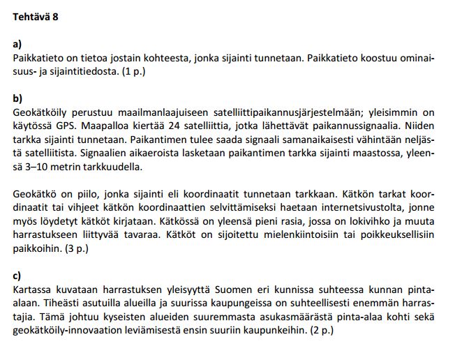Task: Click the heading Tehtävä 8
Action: point(36,16)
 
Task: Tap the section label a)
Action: point(17,43)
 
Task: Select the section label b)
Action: point(17,98)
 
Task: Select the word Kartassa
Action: point(31,290)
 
